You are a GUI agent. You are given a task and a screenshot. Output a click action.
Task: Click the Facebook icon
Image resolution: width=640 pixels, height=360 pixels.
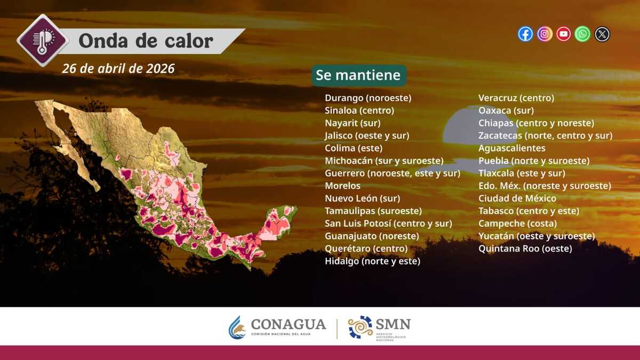coord(525,34)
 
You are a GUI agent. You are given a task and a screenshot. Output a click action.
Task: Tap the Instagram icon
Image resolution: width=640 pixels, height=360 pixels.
coord(545,34)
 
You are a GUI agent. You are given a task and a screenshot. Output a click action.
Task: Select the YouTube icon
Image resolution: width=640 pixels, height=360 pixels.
coord(563,34)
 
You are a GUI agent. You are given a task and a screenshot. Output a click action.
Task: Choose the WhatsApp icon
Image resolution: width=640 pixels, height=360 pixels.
coord(582,34)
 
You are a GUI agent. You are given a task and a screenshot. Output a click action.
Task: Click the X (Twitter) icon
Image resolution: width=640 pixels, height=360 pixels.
coord(602,34)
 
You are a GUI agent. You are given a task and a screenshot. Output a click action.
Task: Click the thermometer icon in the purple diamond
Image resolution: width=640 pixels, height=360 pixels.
coord(43,41)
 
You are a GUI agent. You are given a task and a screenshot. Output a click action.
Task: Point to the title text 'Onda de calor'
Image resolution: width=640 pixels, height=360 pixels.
coord(146,41)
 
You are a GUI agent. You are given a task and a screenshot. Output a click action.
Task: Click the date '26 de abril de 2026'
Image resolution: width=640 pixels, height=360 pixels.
coord(118,69)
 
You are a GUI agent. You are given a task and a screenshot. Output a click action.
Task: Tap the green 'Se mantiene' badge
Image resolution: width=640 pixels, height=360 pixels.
coord(359,75)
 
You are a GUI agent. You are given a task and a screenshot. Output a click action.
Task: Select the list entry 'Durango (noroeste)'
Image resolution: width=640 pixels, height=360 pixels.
coord(368,98)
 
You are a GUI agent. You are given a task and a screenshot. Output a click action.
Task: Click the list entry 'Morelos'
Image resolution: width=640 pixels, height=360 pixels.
coord(342,186)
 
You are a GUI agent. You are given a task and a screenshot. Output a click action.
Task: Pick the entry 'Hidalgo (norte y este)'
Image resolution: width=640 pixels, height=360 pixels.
coord(373,261)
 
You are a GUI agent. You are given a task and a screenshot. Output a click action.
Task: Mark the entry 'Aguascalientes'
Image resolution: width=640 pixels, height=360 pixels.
coord(511,148)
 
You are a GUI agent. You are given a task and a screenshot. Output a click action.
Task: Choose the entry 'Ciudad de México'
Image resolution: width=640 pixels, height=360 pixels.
coord(517,198)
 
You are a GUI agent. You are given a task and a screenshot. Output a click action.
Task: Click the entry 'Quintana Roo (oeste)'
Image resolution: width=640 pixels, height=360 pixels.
coord(525,249)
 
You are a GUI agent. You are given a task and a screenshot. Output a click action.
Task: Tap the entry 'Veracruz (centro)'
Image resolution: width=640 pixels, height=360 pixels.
coord(516,98)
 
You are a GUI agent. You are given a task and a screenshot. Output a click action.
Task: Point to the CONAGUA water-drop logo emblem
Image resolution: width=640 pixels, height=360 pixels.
coord(237,327)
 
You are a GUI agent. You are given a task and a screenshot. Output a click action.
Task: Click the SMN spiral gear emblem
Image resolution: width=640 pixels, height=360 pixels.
coord(360,327)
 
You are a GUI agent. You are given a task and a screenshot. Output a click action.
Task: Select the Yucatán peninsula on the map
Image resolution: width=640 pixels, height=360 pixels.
coord(278,223)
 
